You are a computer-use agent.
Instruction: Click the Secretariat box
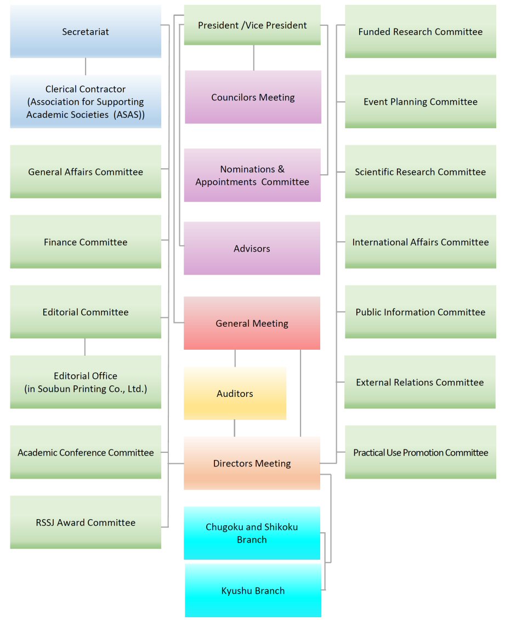86,32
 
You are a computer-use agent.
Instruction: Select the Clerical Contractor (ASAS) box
86,102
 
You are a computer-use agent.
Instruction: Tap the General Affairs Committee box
86,172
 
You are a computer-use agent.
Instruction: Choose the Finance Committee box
86,242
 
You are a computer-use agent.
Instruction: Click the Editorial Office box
86,383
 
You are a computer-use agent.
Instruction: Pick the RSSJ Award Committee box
86,523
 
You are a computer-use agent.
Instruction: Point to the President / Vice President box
252,25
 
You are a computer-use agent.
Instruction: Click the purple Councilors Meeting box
253,98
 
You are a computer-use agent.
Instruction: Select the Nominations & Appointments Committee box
252,175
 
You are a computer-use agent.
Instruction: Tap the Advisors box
252,249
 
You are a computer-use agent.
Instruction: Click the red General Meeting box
252,323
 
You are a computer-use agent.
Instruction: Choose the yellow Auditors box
235,394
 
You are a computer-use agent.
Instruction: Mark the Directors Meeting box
252,464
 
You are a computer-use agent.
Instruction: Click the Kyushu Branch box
253,591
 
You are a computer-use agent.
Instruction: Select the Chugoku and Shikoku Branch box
252,533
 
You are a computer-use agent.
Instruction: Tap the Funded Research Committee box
421,32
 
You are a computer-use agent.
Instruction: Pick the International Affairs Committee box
421,242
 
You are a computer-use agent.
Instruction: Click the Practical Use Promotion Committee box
421,453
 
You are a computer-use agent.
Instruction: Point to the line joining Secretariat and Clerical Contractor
86,66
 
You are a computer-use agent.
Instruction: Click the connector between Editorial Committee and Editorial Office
85,347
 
